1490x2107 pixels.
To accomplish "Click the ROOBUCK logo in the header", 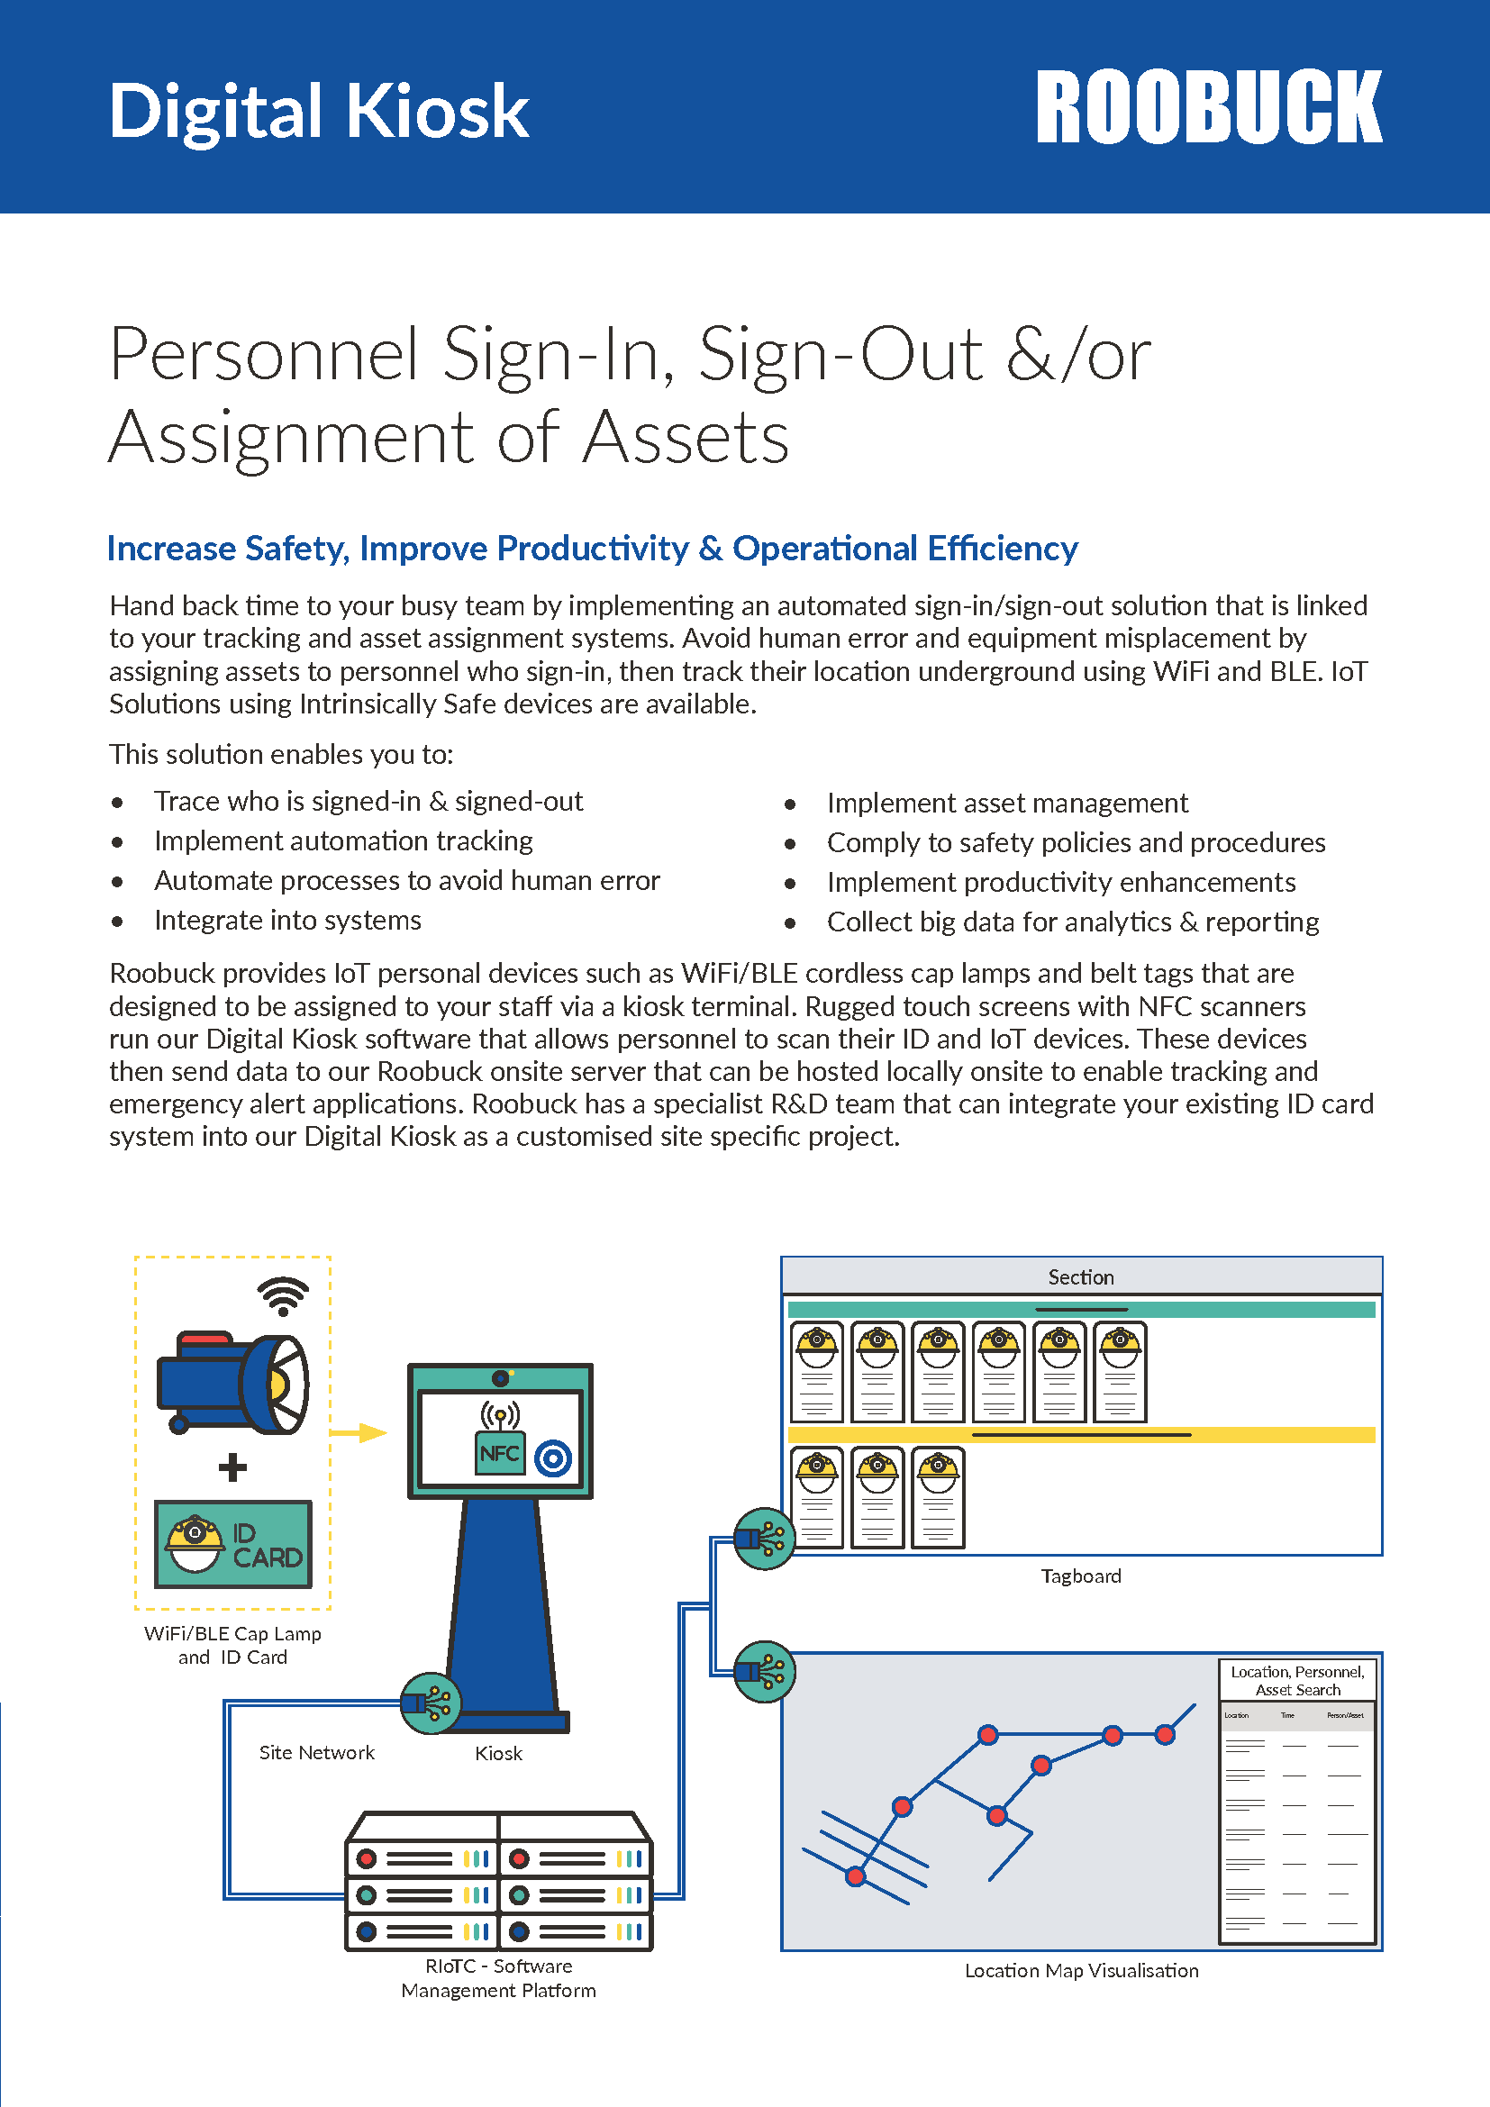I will click(x=1208, y=107).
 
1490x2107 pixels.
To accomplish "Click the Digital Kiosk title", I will click(x=318, y=112).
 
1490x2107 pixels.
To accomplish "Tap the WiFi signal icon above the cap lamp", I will click(x=283, y=1294).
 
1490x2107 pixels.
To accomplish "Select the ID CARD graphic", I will click(x=233, y=1544).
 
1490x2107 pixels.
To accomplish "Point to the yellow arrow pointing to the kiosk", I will click(x=359, y=1432).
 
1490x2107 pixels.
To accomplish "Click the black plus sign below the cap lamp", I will click(x=233, y=1467).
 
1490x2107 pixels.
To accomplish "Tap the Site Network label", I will click(x=316, y=1753).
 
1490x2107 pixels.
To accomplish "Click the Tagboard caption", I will click(x=1081, y=1576).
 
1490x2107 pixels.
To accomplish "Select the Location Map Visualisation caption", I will click(x=1081, y=1971).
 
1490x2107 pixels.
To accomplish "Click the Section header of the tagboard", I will click(x=1081, y=1277).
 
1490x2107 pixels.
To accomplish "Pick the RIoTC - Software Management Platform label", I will click(x=498, y=1978).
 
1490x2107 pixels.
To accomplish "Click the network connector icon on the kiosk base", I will click(x=431, y=1703).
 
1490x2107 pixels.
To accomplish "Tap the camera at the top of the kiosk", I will click(x=500, y=1378).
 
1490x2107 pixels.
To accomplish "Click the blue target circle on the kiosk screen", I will click(x=553, y=1458).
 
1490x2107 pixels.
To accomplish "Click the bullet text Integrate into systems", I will click(x=287, y=921).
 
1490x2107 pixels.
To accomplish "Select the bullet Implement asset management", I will click(x=1006, y=803).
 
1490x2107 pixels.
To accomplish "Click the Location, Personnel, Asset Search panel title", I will click(x=1297, y=1681).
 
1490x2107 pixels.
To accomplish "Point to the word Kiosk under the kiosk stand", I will click(x=498, y=1754).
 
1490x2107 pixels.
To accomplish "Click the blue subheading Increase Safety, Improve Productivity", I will click(x=592, y=549).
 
